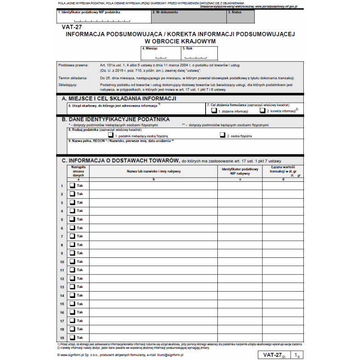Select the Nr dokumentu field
point(189,17)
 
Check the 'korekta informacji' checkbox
point(262,110)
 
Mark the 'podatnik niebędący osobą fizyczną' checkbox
point(111,135)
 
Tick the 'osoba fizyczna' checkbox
point(222,135)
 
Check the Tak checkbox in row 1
point(72,185)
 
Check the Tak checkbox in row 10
point(72,261)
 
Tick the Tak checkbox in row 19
point(72,337)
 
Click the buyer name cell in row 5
point(153,220)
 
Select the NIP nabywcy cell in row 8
point(240,245)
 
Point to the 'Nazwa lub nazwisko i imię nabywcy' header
point(153,171)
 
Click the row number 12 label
point(62,279)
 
